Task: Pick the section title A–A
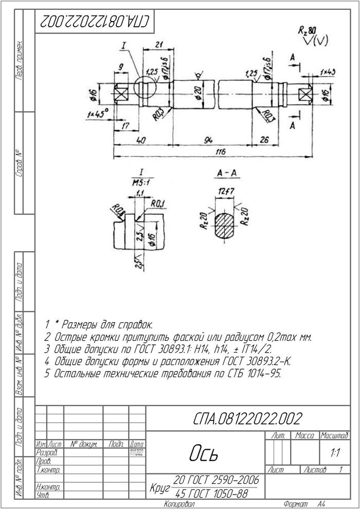pos(226,174)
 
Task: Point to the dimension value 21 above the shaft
pos(159,44)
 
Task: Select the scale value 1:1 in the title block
pos(335,453)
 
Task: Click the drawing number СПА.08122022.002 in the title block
pos(247,418)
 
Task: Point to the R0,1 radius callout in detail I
pos(157,204)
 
